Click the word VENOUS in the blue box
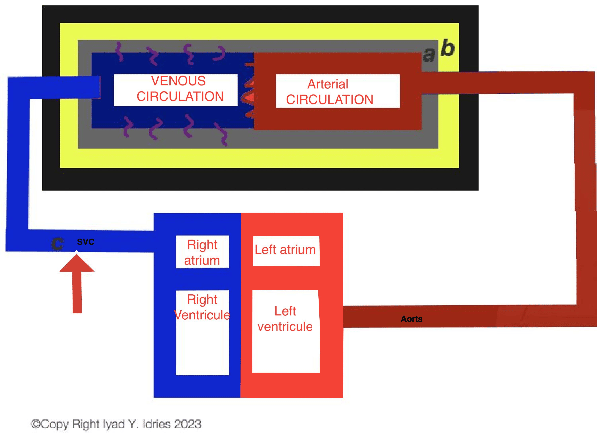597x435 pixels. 178,81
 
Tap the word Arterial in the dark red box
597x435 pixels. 328,84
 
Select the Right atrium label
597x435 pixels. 202,252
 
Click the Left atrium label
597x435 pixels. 285,250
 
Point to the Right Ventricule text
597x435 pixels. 202,307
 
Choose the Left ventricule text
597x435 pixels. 285,319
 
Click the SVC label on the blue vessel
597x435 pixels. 86,242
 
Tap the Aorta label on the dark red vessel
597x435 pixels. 411,319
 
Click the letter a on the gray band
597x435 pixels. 429,55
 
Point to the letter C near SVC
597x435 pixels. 57,243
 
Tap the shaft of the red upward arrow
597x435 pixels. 77,292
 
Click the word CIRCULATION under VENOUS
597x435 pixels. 180,96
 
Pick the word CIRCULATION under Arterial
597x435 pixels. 330,100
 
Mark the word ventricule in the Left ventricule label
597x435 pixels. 285,326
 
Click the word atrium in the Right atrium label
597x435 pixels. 202,260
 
